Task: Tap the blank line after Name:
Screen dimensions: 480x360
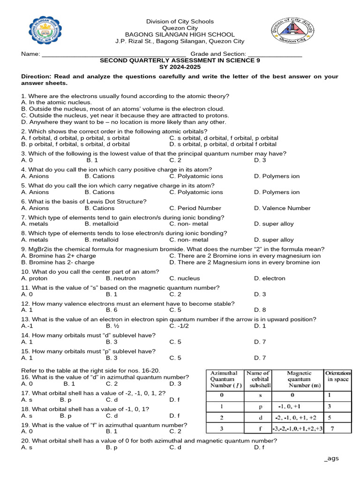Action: tap(114, 54)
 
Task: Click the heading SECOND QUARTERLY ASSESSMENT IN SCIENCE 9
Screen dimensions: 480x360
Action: tap(180, 61)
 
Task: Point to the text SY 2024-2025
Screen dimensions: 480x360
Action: tap(180, 67)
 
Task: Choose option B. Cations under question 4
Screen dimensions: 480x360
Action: tap(99, 176)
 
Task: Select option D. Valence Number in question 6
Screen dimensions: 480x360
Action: tap(282, 208)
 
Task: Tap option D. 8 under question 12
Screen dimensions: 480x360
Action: tap(260, 310)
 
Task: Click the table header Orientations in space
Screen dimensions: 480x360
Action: tap(337, 376)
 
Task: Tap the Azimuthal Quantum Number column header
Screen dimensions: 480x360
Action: tap(224, 379)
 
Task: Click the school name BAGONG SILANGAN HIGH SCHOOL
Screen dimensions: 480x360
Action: tap(180, 35)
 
